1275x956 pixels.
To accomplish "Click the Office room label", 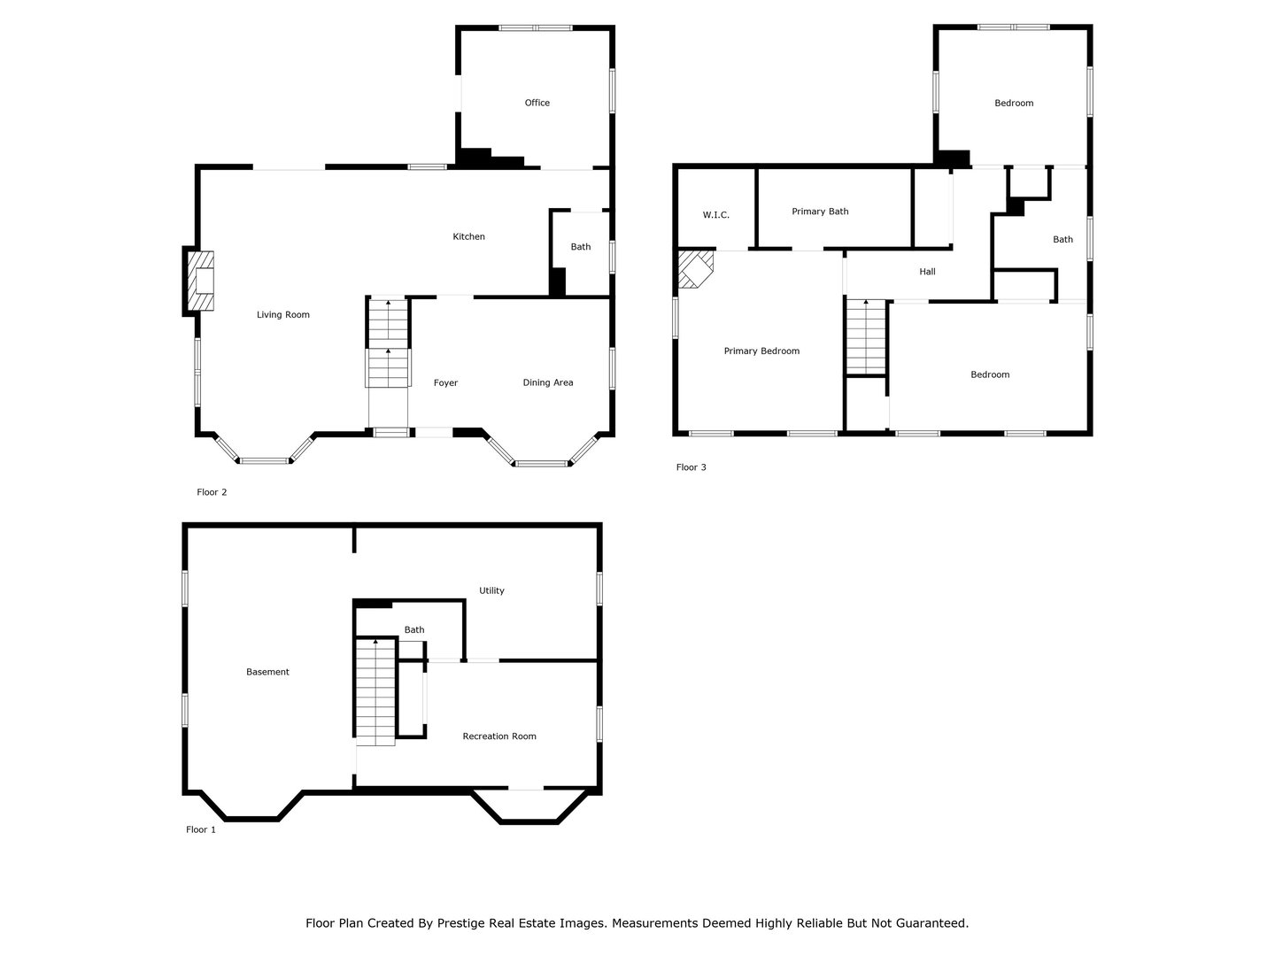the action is [x=537, y=103].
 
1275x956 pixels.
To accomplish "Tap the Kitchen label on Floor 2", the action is [x=468, y=236].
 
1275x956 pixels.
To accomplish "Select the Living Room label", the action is [x=282, y=314].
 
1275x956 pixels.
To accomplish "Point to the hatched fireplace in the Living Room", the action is [x=200, y=281].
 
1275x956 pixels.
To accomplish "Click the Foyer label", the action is [x=445, y=382].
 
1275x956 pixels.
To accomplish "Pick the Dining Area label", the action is [x=548, y=382].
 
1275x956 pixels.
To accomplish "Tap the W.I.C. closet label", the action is [x=715, y=215].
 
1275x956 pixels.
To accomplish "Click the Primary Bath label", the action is [x=820, y=212].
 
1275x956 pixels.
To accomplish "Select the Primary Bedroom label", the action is [x=761, y=351].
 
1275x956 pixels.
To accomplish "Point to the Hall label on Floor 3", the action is [x=927, y=271].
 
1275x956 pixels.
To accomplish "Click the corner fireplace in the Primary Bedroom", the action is [x=696, y=269].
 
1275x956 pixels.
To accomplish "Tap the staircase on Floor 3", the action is [x=865, y=336].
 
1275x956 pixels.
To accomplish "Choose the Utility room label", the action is [x=491, y=590].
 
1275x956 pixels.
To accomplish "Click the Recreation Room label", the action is [x=499, y=736].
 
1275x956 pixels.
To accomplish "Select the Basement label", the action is [x=267, y=672].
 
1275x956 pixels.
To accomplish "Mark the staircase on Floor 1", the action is [x=375, y=692].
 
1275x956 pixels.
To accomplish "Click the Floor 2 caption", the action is [x=212, y=492].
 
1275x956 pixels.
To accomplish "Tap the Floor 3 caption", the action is [x=692, y=467].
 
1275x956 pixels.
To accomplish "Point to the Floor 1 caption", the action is [x=200, y=829].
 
